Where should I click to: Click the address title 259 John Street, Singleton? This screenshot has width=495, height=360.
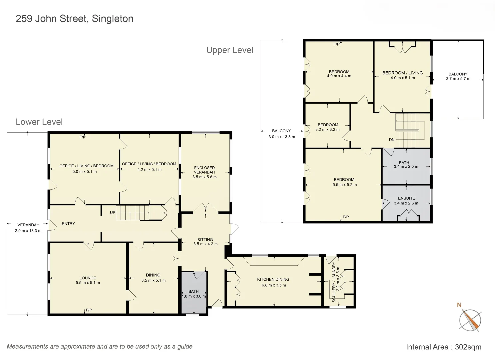click(x=74, y=19)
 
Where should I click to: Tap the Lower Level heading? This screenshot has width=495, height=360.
click(x=39, y=122)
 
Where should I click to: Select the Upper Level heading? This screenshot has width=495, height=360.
click(x=230, y=50)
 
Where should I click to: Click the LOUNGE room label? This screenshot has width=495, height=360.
click(x=88, y=278)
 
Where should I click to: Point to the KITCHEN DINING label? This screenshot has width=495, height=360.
click(x=273, y=279)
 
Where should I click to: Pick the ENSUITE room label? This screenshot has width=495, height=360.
click(x=406, y=198)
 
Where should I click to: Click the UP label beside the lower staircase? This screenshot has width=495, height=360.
click(x=113, y=213)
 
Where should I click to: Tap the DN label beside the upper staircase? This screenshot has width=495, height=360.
click(x=392, y=140)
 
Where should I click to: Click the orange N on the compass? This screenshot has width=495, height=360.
click(x=459, y=305)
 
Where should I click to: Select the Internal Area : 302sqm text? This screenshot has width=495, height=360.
click(x=443, y=347)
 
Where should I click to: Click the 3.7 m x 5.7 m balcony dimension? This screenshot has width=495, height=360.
click(x=458, y=79)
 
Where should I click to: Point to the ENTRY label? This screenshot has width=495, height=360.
click(x=68, y=224)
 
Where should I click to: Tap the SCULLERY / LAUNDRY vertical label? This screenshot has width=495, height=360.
click(x=334, y=282)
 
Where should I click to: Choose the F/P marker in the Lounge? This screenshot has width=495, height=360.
click(x=89, y=310)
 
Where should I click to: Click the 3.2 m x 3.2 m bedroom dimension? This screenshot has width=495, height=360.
click(x=327, y=130)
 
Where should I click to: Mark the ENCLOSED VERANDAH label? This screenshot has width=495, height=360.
click(x=204, y=170)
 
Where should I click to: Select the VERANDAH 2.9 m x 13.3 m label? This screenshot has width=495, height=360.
click(x=28, y=228)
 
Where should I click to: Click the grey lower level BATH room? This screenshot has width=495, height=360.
click(x=194, y=293)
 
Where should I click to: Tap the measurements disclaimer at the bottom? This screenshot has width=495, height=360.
click(x=100, y=347)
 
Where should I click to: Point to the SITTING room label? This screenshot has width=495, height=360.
click(x=205, y=239)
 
